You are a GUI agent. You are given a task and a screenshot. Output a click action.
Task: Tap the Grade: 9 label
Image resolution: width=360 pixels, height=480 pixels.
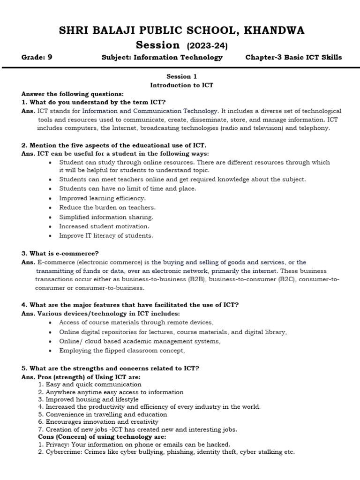40,58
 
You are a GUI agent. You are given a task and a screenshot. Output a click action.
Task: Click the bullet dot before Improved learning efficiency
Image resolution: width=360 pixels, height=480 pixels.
51,198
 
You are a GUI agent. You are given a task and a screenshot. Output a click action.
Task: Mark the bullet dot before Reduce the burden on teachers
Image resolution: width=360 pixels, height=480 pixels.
51,208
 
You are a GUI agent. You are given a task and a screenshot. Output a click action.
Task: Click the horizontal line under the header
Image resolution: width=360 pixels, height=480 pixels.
180,68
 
